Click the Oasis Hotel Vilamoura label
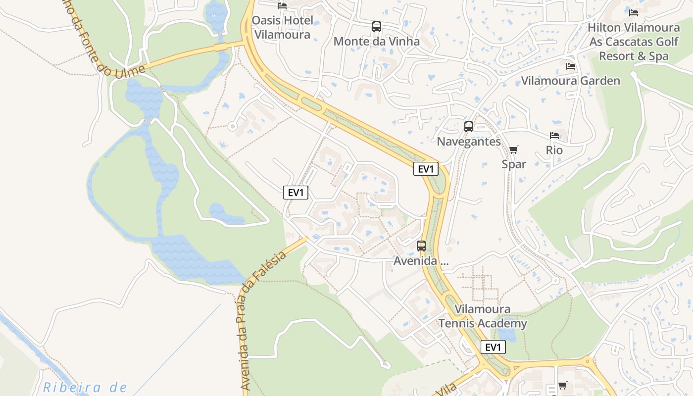point(282,27)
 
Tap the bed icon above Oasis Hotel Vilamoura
point(282,6)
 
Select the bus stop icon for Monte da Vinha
point(377,27)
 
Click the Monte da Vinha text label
point(376,41)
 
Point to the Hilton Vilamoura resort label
point(634,42)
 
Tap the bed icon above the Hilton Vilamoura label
point(634,12)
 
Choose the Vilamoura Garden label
point(570,81)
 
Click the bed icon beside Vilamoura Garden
point(571,66)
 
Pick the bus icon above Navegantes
point(469,127)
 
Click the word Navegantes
point(469,142)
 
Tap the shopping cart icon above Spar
point(514,149)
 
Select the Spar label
point(514,164)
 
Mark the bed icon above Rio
point(554,136)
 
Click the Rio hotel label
point(554,149)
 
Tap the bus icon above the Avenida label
point(421,246)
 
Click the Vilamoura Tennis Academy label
point(483,316)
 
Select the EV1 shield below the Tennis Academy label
point(493,347)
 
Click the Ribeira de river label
point(85,387)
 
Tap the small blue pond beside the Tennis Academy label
point(507,335)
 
